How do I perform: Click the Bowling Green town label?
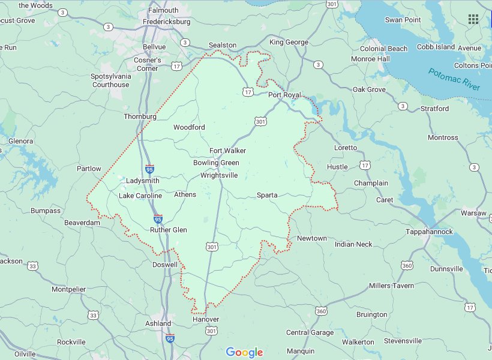216,163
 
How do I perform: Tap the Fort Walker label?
227,151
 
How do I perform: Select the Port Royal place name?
284,95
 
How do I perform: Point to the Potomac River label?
454,80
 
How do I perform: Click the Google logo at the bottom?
245,352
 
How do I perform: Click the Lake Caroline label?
140,196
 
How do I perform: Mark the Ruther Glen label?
169,230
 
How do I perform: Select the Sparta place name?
267,195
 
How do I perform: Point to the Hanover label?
205,319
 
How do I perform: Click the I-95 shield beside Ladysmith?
149,169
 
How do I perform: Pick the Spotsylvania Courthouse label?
110,80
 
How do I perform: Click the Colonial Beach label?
383,49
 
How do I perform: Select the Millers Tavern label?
391,286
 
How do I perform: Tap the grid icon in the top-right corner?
473,19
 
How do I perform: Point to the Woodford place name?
189,127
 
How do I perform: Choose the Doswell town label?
164,265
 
